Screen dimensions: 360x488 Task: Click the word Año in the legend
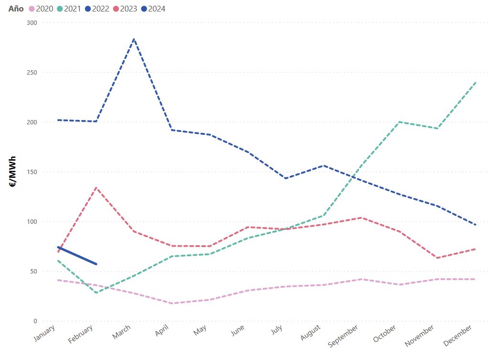(16, 9)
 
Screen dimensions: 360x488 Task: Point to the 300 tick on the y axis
(32, 22)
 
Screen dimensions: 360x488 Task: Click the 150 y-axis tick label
(32, 172)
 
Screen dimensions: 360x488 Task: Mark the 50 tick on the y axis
(33, 271)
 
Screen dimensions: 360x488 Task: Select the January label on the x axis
(45, 333)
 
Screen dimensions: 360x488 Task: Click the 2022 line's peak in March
(134, 39)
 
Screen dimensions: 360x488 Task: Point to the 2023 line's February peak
(96, 187)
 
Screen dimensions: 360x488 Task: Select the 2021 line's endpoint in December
(476, 82)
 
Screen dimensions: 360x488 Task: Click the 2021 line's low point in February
(96, 293)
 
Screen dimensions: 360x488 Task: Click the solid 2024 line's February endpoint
(96, 264)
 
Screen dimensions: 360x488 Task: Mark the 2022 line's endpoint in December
(476, 225)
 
